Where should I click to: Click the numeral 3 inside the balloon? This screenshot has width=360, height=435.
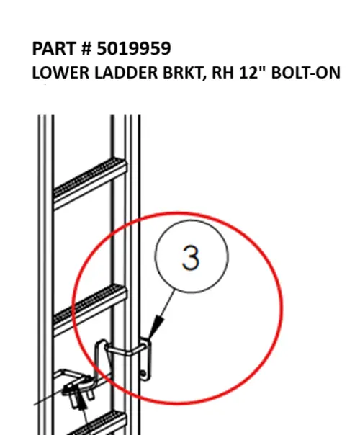191,257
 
